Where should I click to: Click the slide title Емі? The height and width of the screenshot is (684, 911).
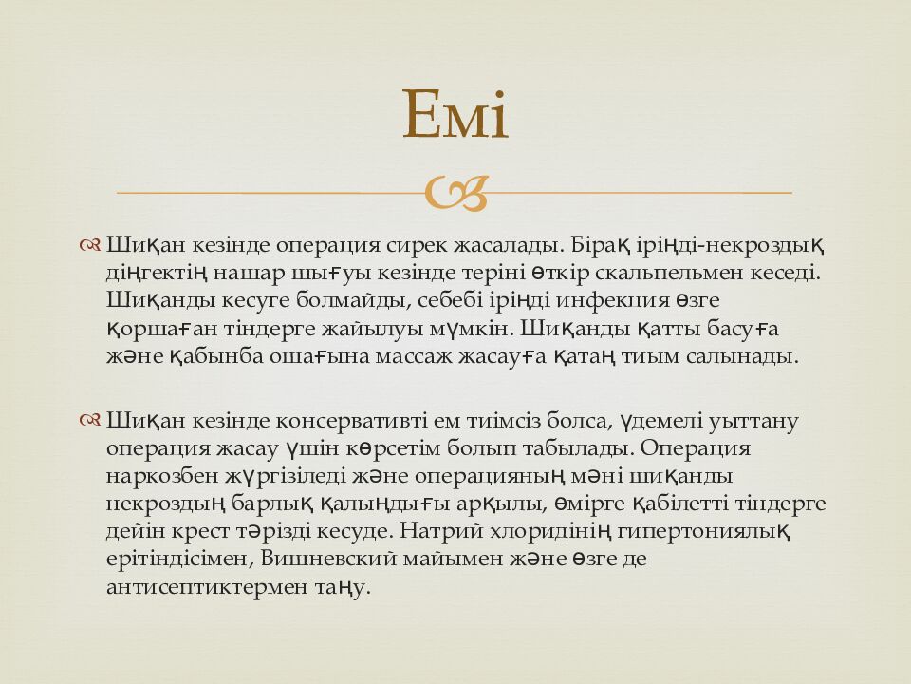click(x=455, y=115)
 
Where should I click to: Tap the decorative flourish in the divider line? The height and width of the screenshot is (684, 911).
click(x=455, y=193)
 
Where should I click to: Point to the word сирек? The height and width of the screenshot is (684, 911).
click(x=419, y=245)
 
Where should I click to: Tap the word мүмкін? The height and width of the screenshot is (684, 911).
click(x=474, y=329)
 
